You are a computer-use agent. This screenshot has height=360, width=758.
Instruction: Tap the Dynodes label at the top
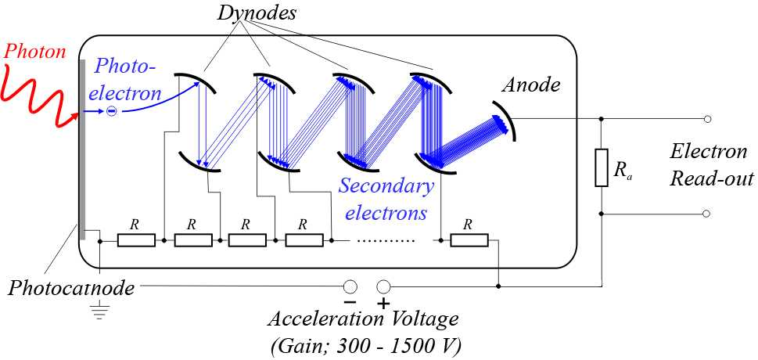[257, 13]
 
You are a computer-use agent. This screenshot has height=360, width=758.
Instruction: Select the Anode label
[531, 85]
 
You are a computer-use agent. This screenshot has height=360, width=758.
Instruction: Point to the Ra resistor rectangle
[601, 168]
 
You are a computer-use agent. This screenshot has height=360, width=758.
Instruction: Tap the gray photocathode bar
[82, 149]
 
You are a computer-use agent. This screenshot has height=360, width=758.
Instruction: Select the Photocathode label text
[70, 288]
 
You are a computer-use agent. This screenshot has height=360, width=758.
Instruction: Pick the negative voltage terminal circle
[350, 287]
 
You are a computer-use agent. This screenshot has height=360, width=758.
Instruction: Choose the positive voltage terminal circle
[383, 287]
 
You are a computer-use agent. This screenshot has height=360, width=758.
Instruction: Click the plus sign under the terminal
[383, 304]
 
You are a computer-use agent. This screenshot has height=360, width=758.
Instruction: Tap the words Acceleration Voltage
[363, 320]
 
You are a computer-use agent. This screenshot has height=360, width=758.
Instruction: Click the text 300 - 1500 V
[403, 347]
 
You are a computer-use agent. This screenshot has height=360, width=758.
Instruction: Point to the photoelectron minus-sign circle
[111, 112]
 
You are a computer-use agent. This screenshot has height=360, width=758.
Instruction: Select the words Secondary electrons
[386, 200]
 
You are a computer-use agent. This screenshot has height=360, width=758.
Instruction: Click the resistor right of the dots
[469, 240]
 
